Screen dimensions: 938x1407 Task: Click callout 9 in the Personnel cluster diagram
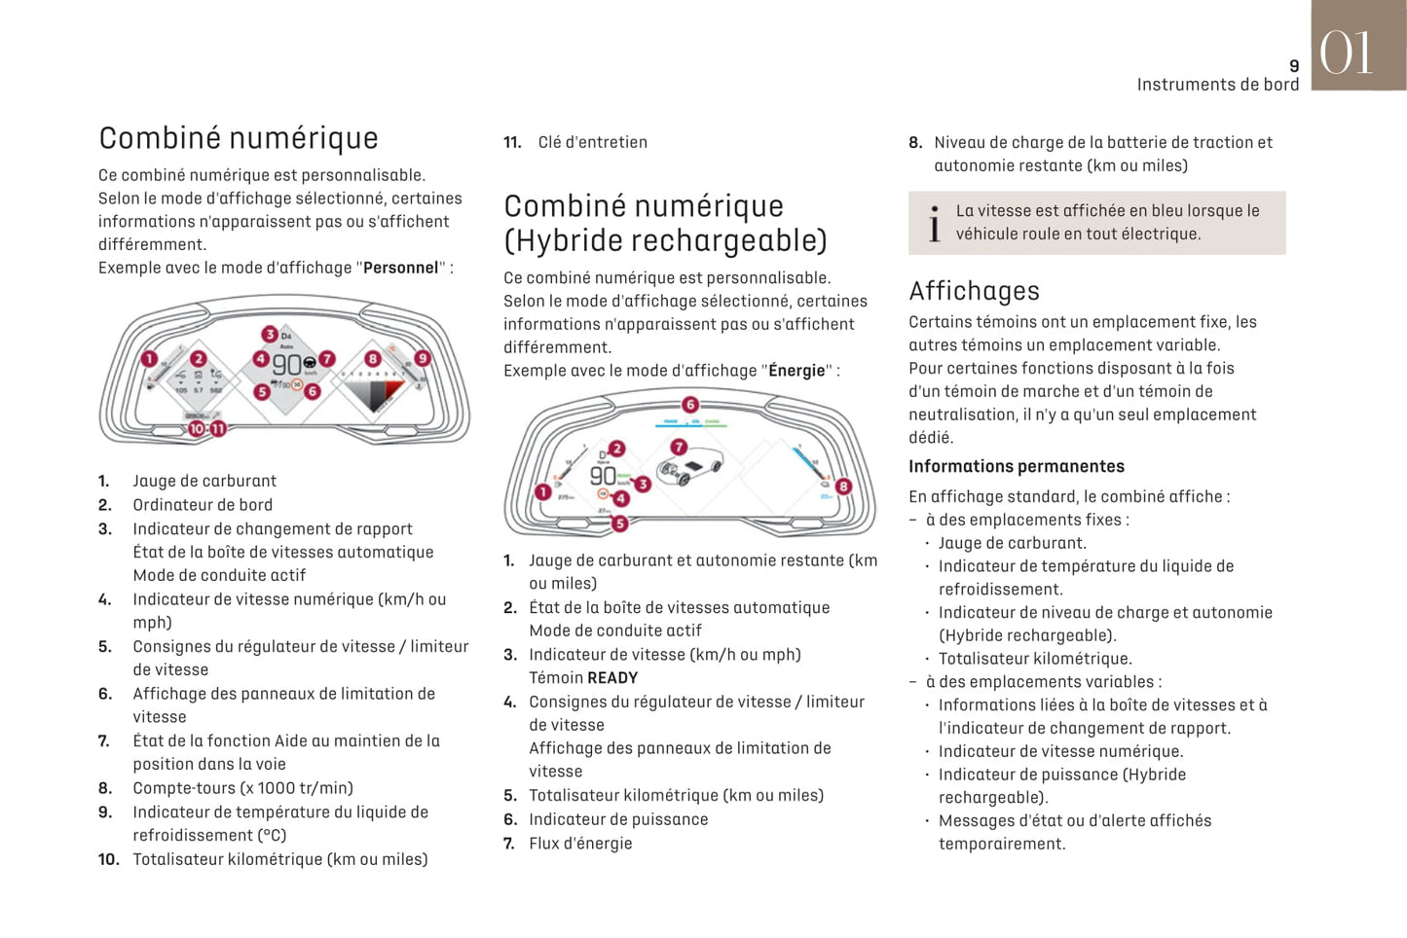(x=422, y=358)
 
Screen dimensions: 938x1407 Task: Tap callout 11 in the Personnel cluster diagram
(x=218, y=428)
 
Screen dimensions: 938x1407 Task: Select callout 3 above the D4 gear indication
(x=270, y=335)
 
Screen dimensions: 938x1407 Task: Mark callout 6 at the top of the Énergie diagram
(x=690, y=405)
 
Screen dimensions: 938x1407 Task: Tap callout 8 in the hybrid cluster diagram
(x=843, y=487)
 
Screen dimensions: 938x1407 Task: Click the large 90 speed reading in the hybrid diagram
(x=603, y=476)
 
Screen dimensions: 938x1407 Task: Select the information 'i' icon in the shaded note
(x=934, y=223)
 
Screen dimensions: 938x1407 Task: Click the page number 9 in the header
(x=1294, y=66)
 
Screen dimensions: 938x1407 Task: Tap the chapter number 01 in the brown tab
(x=1347, y=53)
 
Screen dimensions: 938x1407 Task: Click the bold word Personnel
(x=400, y=268)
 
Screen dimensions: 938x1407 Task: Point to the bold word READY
(x=612, y=678)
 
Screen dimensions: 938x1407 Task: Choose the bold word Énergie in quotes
(x=796, y=371)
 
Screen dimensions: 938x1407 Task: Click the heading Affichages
(x=974, y=291)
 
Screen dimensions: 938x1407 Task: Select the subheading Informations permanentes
(x=1016, y=467)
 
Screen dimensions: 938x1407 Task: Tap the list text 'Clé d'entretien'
(x=592, y=142)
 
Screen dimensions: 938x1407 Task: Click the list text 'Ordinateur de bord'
(x=203, y=505)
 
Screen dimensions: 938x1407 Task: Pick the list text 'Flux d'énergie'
(x=580, y=844)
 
